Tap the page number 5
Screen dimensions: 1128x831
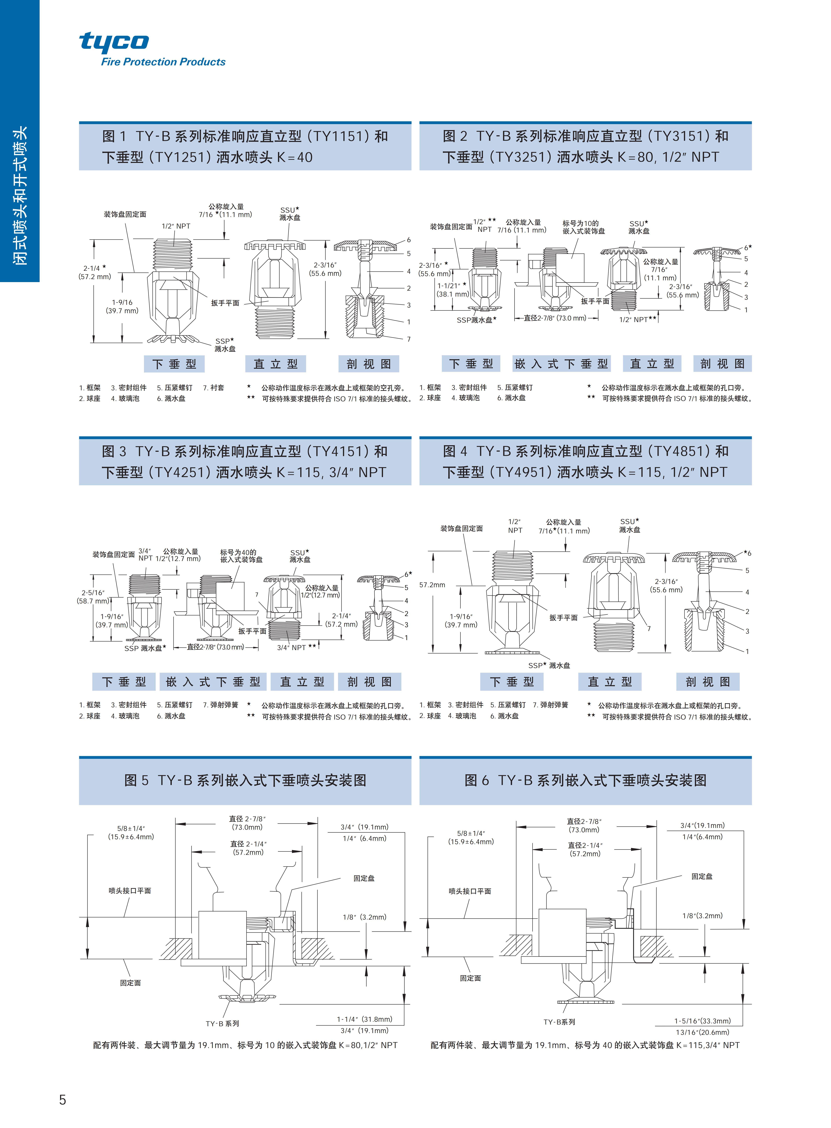coord(62,1099)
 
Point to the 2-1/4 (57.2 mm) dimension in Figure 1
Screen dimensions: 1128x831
coord(95,272)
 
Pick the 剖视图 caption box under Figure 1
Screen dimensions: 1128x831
coord(369,364)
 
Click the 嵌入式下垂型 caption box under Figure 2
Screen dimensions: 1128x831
coord(561,364)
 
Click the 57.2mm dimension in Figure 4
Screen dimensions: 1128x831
coord(432,585)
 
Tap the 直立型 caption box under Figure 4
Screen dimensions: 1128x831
coord(610,682)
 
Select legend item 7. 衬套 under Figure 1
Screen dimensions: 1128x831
coord(214,387)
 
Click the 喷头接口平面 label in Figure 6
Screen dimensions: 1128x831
coord(470,891)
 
